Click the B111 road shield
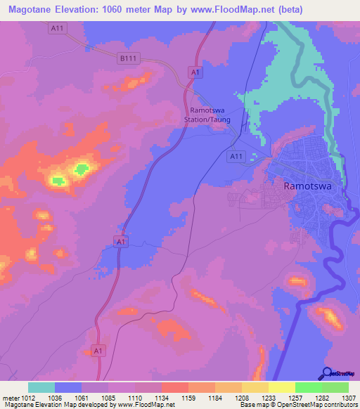point(127,59)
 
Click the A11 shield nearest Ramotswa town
point(236,157)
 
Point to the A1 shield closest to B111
point(195,72)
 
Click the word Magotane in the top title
point(33,9)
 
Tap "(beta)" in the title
point(339,9)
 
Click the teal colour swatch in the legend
point(41,387)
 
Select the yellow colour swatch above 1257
point(281,387)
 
